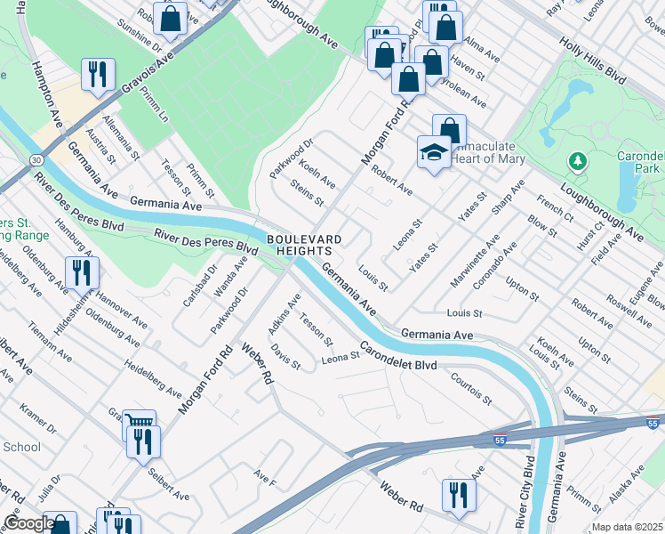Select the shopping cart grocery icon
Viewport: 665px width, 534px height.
[139, 425]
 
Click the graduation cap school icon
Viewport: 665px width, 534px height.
[433, 151]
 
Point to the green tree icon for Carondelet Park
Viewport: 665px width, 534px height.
[578, 160]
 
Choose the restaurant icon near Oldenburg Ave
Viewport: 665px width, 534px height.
[81, 271]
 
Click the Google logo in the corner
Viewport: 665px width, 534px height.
[28, 523]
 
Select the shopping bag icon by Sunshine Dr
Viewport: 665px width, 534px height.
[170, 18]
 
